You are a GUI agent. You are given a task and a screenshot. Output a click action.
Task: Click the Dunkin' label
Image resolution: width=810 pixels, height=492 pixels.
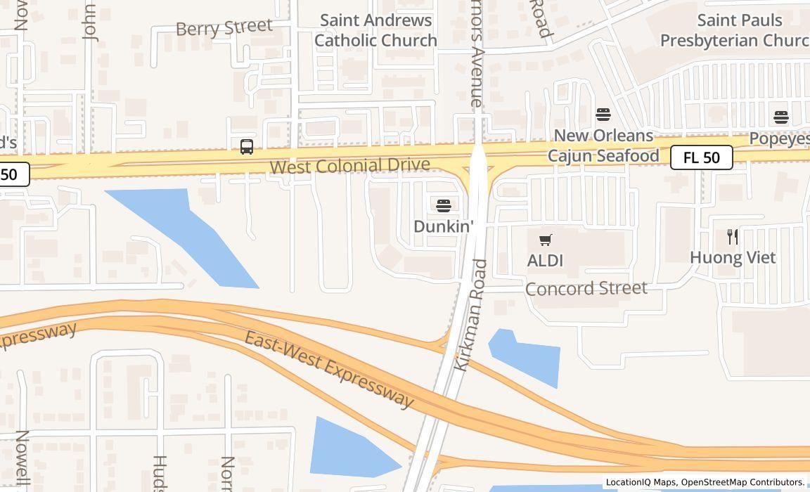point(444,226)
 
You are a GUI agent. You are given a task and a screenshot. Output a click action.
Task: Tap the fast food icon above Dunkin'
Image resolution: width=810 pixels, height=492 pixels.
point(443,205)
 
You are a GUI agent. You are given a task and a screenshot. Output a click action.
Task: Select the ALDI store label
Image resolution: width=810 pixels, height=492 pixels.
point(545,261)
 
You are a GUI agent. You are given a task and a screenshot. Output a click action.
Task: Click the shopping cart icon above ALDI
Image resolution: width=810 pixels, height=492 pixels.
point(546,240)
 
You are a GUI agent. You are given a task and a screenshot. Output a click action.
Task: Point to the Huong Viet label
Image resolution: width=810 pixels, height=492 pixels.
point(733,258)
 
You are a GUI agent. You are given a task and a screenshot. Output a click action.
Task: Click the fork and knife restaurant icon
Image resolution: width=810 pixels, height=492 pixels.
point(733,236)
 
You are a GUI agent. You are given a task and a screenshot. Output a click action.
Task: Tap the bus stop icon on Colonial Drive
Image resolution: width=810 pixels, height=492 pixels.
point(246,147)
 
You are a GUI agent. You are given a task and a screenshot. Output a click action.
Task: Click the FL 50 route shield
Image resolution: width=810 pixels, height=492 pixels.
point(701,157)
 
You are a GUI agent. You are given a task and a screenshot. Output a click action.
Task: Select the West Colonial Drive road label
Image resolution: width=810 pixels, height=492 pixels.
point(349,166)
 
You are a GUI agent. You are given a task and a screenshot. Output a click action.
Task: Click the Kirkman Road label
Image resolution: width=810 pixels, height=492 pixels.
point(472,315)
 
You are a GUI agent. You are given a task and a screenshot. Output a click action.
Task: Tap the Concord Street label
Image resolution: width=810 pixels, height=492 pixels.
point(586,289)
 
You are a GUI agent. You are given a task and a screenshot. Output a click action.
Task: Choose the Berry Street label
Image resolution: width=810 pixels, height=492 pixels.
point(224,28)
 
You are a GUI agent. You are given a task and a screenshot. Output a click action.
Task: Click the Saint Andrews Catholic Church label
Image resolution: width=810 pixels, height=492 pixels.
point(375,30)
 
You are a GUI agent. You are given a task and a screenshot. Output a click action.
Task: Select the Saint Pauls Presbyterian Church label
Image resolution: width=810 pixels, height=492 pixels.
point(735,30)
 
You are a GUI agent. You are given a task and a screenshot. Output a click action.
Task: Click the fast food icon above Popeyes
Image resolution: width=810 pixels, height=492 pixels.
point(780,117)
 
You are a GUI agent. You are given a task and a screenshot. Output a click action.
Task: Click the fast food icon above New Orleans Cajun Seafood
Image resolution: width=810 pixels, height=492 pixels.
point(603,114)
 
